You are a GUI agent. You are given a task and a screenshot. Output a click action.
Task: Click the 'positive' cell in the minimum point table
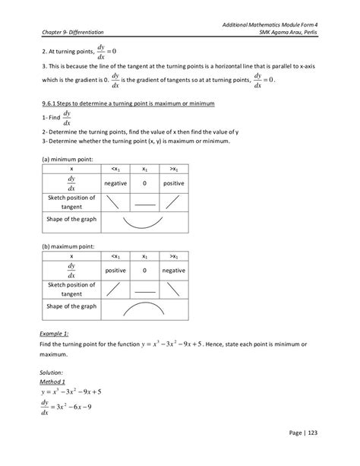pos(174,182)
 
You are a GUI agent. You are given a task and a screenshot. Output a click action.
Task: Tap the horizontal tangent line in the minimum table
pos(144,203)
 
